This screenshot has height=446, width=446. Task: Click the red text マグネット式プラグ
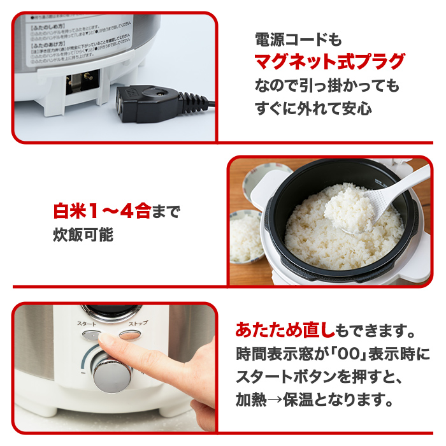tap(329, 62)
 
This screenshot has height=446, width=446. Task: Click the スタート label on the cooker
tap(87, 324)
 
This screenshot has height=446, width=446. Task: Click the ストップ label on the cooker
tap(138, 324)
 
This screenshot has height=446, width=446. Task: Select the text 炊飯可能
tap(83, 234)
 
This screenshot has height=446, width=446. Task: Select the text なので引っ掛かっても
tap(327, 85)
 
